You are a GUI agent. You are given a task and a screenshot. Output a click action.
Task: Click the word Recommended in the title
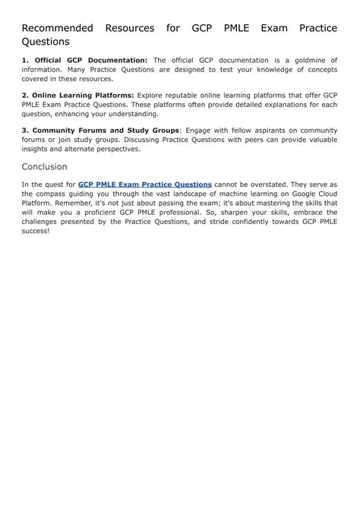coord(57,28)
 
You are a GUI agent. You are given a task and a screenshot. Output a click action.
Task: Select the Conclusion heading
coord(44,166)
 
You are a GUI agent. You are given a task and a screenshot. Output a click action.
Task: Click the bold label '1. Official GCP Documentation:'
coord(84,60)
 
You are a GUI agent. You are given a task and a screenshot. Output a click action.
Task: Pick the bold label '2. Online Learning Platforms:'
coord(77,95)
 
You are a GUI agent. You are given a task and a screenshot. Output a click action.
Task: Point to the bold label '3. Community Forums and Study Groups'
coord(100,130)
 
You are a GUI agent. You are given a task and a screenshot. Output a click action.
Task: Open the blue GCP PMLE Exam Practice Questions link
coord(144,184)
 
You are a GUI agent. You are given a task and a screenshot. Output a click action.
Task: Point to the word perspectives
coord(114,148)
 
